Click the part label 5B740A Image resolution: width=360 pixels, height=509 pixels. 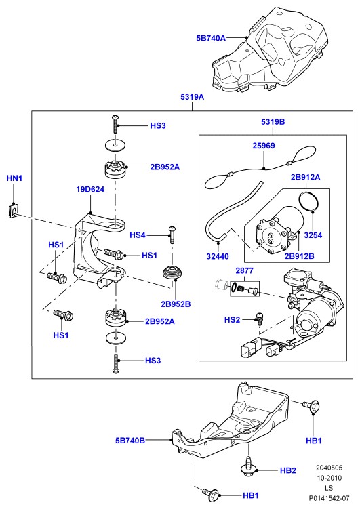click(x=211, y=38)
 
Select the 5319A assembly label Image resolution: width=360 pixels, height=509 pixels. click(x=192, y=97)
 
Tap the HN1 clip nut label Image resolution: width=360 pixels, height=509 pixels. click(x=14, y=178)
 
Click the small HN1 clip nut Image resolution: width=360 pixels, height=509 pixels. click(x=13, y=210)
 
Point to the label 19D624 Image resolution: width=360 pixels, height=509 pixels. click(x=90, y=189)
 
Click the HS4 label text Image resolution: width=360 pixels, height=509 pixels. click(x=138, y=235)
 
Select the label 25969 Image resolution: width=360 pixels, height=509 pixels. click(x=264, y=146)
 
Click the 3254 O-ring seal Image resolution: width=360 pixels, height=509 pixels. click(x=308, y=203)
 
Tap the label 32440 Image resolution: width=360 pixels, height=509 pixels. click(x=218, y=256)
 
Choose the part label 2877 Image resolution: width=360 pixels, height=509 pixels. click(x=245, y=270)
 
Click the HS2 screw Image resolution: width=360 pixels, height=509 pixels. click(x=259, y=318)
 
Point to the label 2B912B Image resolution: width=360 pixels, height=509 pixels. click(x=299, y=256)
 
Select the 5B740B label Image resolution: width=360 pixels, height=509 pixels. click(x=130, y=441)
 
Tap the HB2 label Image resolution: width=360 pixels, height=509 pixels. click(x=288, y=470)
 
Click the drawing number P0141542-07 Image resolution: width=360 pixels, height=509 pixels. click(x=329, y=498)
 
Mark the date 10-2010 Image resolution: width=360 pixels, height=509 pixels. click(x=329, y=478)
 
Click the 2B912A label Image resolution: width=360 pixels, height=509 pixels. click(x=306, y=177)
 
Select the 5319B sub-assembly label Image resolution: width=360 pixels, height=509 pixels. click(x=273, y=122)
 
